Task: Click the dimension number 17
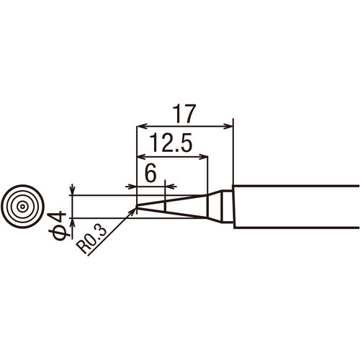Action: pyautogui.click(x=185, y=114)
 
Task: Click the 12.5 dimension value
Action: pyautogui.click(x=171, y=144)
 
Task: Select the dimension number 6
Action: pyautogui.click(x=150, y=173)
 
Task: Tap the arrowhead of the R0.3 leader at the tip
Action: pyautogui.click(x=133, y=212)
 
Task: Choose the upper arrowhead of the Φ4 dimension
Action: pyautogui.click(x=73, y=191)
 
